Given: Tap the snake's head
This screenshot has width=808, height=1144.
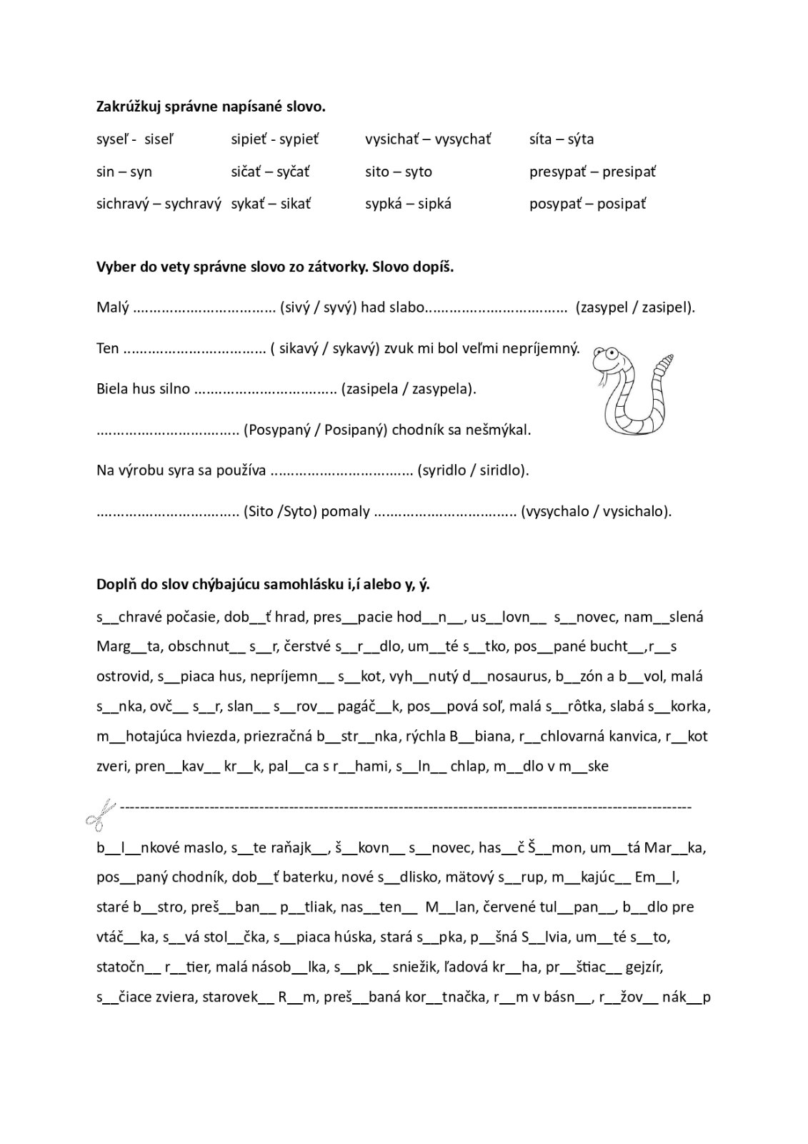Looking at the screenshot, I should [608, 357].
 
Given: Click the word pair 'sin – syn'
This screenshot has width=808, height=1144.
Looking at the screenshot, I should [124, 172].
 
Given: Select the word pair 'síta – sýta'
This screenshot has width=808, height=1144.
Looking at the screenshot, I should [562, 139].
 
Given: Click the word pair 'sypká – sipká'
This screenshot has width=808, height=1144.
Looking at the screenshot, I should [408, 204].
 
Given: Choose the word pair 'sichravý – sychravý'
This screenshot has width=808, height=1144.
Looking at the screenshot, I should [159, 204].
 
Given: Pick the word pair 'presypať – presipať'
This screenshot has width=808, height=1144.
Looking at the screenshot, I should [592, 172].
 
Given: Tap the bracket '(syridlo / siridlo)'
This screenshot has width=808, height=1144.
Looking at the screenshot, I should [474, 470].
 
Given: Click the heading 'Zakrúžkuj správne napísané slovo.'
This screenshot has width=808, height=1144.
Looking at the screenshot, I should [211, 107].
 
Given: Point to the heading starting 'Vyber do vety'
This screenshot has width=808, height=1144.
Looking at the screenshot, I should [275, 267].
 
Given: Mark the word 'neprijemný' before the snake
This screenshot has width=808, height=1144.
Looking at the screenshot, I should [535, 348].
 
